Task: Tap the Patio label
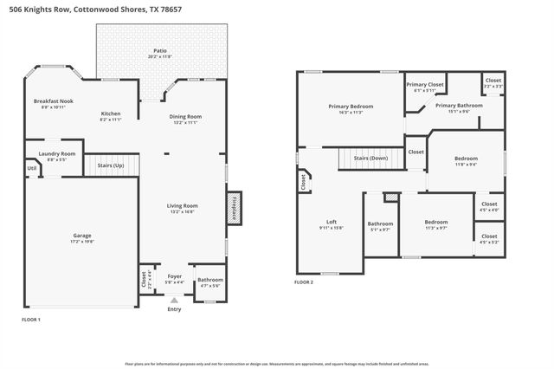(160, 51)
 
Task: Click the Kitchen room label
(111, 114)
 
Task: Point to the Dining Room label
(185, 117)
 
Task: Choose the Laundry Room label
(57, 153)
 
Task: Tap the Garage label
(81, 235)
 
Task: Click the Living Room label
(183, 205)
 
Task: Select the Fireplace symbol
(233, 209)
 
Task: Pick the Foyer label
(174, 276)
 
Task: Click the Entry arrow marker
(174, 301)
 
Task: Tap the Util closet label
(31, 168)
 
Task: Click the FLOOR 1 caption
(31, 320)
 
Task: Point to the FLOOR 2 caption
(304, 282)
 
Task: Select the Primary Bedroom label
(351, 107)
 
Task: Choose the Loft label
(331, 222)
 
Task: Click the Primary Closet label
(425, 85)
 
